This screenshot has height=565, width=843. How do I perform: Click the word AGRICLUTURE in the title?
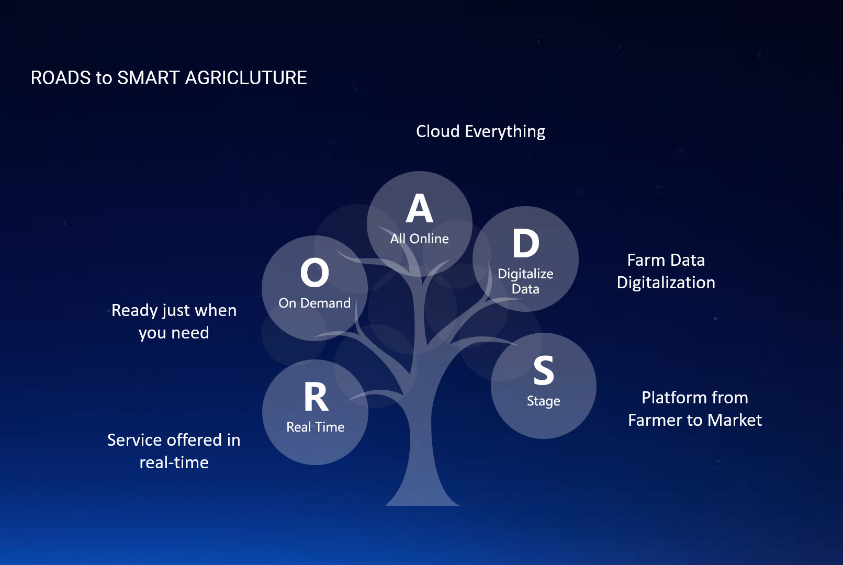pos(246,78)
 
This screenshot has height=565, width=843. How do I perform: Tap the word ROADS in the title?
pos(61,78)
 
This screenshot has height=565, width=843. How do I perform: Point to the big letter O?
pos(314,273)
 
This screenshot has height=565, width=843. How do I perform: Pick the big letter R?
pos(316,397)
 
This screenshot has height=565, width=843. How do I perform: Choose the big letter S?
pos(544,370)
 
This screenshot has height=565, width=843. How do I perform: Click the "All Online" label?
pos(419,239)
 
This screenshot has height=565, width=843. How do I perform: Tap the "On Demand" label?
pos(314,303)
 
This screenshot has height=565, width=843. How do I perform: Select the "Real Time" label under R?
pos(316,427)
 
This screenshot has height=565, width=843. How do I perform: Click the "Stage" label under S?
pos(544,401)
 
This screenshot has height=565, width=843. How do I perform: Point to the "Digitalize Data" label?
pos(525,281)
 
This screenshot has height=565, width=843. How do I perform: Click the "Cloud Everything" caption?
pos(480,132)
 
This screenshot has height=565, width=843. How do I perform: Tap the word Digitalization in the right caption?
pos(666,283)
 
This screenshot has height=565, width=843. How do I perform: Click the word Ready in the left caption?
pos(134,311)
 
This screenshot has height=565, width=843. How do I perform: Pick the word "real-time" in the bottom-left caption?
pos(174,462)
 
